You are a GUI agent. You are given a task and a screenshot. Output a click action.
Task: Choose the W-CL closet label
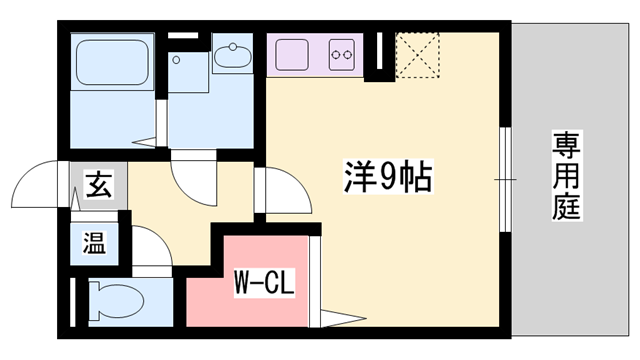tap(264, 284)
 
